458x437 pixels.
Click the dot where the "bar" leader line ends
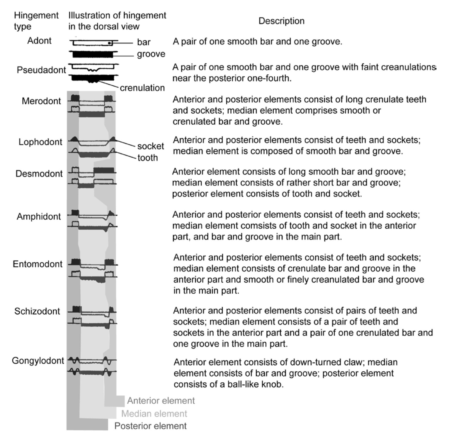coord(109,43)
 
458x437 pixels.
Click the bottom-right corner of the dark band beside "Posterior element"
coord(108,430)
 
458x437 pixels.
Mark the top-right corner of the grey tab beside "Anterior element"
coord(125,396)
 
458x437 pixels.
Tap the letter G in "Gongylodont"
coord(15,361)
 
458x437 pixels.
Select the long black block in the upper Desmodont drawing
coord(104,170)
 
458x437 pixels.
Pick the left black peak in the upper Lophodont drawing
coord(74,139)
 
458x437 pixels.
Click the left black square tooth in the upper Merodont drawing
coord(75,98)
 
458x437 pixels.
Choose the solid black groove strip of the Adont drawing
coord(93,54)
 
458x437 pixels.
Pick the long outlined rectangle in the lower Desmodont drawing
coord(104,181)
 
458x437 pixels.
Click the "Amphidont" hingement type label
coord(39,217)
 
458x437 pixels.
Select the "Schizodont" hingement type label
coord(37,311)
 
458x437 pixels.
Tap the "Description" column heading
coord(281,21)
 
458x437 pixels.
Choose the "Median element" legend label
coord(154,414)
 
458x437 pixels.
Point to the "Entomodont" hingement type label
coord(38,264)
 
